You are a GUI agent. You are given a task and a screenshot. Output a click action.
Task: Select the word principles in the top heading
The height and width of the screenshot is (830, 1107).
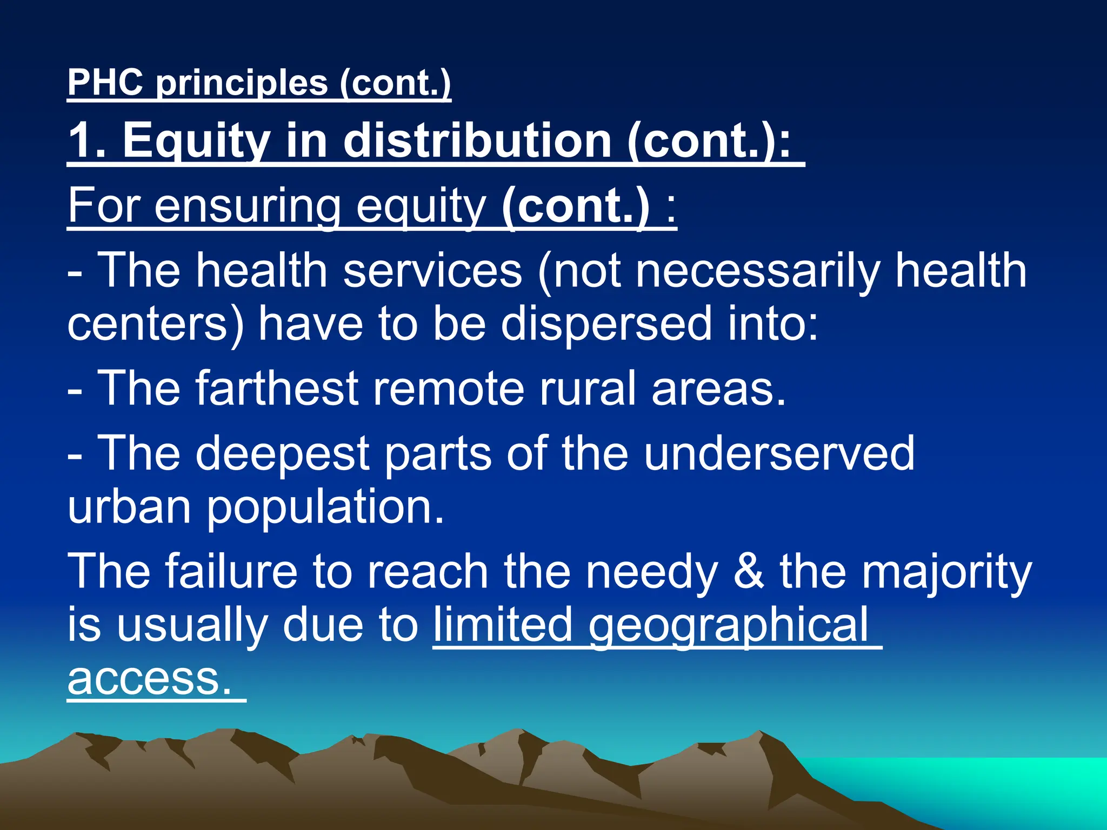[242, 83]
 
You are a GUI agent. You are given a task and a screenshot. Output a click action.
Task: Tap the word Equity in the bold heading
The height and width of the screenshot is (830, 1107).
[196, 140]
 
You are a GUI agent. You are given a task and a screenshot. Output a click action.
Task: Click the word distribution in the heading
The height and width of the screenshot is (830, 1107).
[478, 140]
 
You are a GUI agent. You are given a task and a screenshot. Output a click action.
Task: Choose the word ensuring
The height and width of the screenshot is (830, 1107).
[248, 206]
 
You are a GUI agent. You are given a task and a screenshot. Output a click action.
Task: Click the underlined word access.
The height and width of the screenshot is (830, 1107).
[150, 679]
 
